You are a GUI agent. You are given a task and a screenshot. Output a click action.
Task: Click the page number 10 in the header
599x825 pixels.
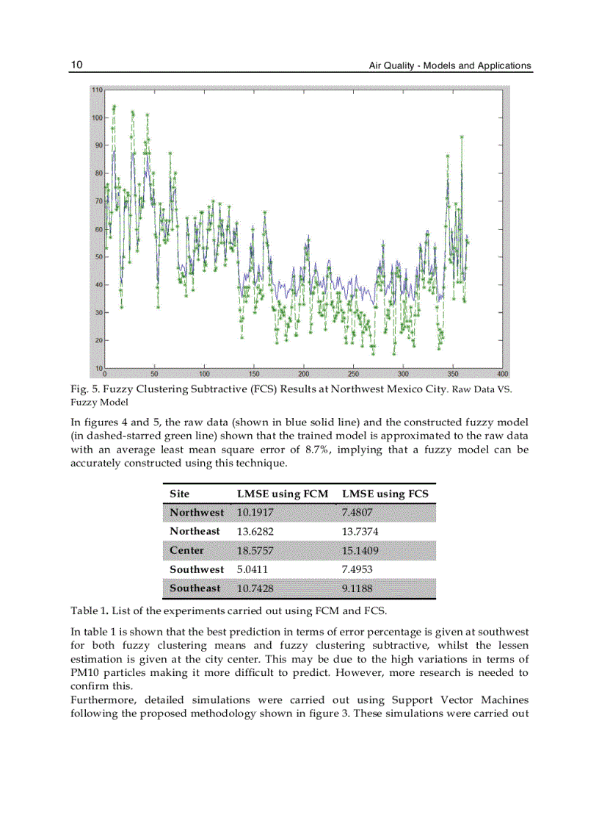[x=76, y=65]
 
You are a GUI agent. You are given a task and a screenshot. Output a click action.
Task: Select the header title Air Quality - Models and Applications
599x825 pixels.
[x=449, y=66]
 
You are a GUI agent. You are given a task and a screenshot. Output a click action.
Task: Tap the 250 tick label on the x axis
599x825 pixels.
[x=353, y=373]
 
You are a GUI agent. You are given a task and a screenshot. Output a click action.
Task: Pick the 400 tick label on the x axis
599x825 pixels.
[x=502, y=373]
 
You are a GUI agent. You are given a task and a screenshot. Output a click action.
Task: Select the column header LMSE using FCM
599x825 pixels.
[x=282, y=494]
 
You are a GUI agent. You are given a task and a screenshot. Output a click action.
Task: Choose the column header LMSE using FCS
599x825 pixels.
[x=385, y=494]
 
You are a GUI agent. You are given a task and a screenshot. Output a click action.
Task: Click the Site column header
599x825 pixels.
[x=179, y=494]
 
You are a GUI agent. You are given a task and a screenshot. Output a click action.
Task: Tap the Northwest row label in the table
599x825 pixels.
[x=196, y=512]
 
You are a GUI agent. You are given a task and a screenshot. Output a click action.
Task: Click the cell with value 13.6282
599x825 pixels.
[x=253, y=531]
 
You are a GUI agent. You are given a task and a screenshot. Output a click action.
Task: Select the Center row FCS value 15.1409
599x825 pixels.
[x=360, y=550]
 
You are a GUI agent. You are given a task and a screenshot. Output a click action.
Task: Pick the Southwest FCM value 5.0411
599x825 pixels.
[x=251, y=569]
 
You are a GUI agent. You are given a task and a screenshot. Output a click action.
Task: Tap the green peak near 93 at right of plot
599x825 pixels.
[x=462, y=137]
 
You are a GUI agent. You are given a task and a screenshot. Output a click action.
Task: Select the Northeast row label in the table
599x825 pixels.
[x=195, y=531]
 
